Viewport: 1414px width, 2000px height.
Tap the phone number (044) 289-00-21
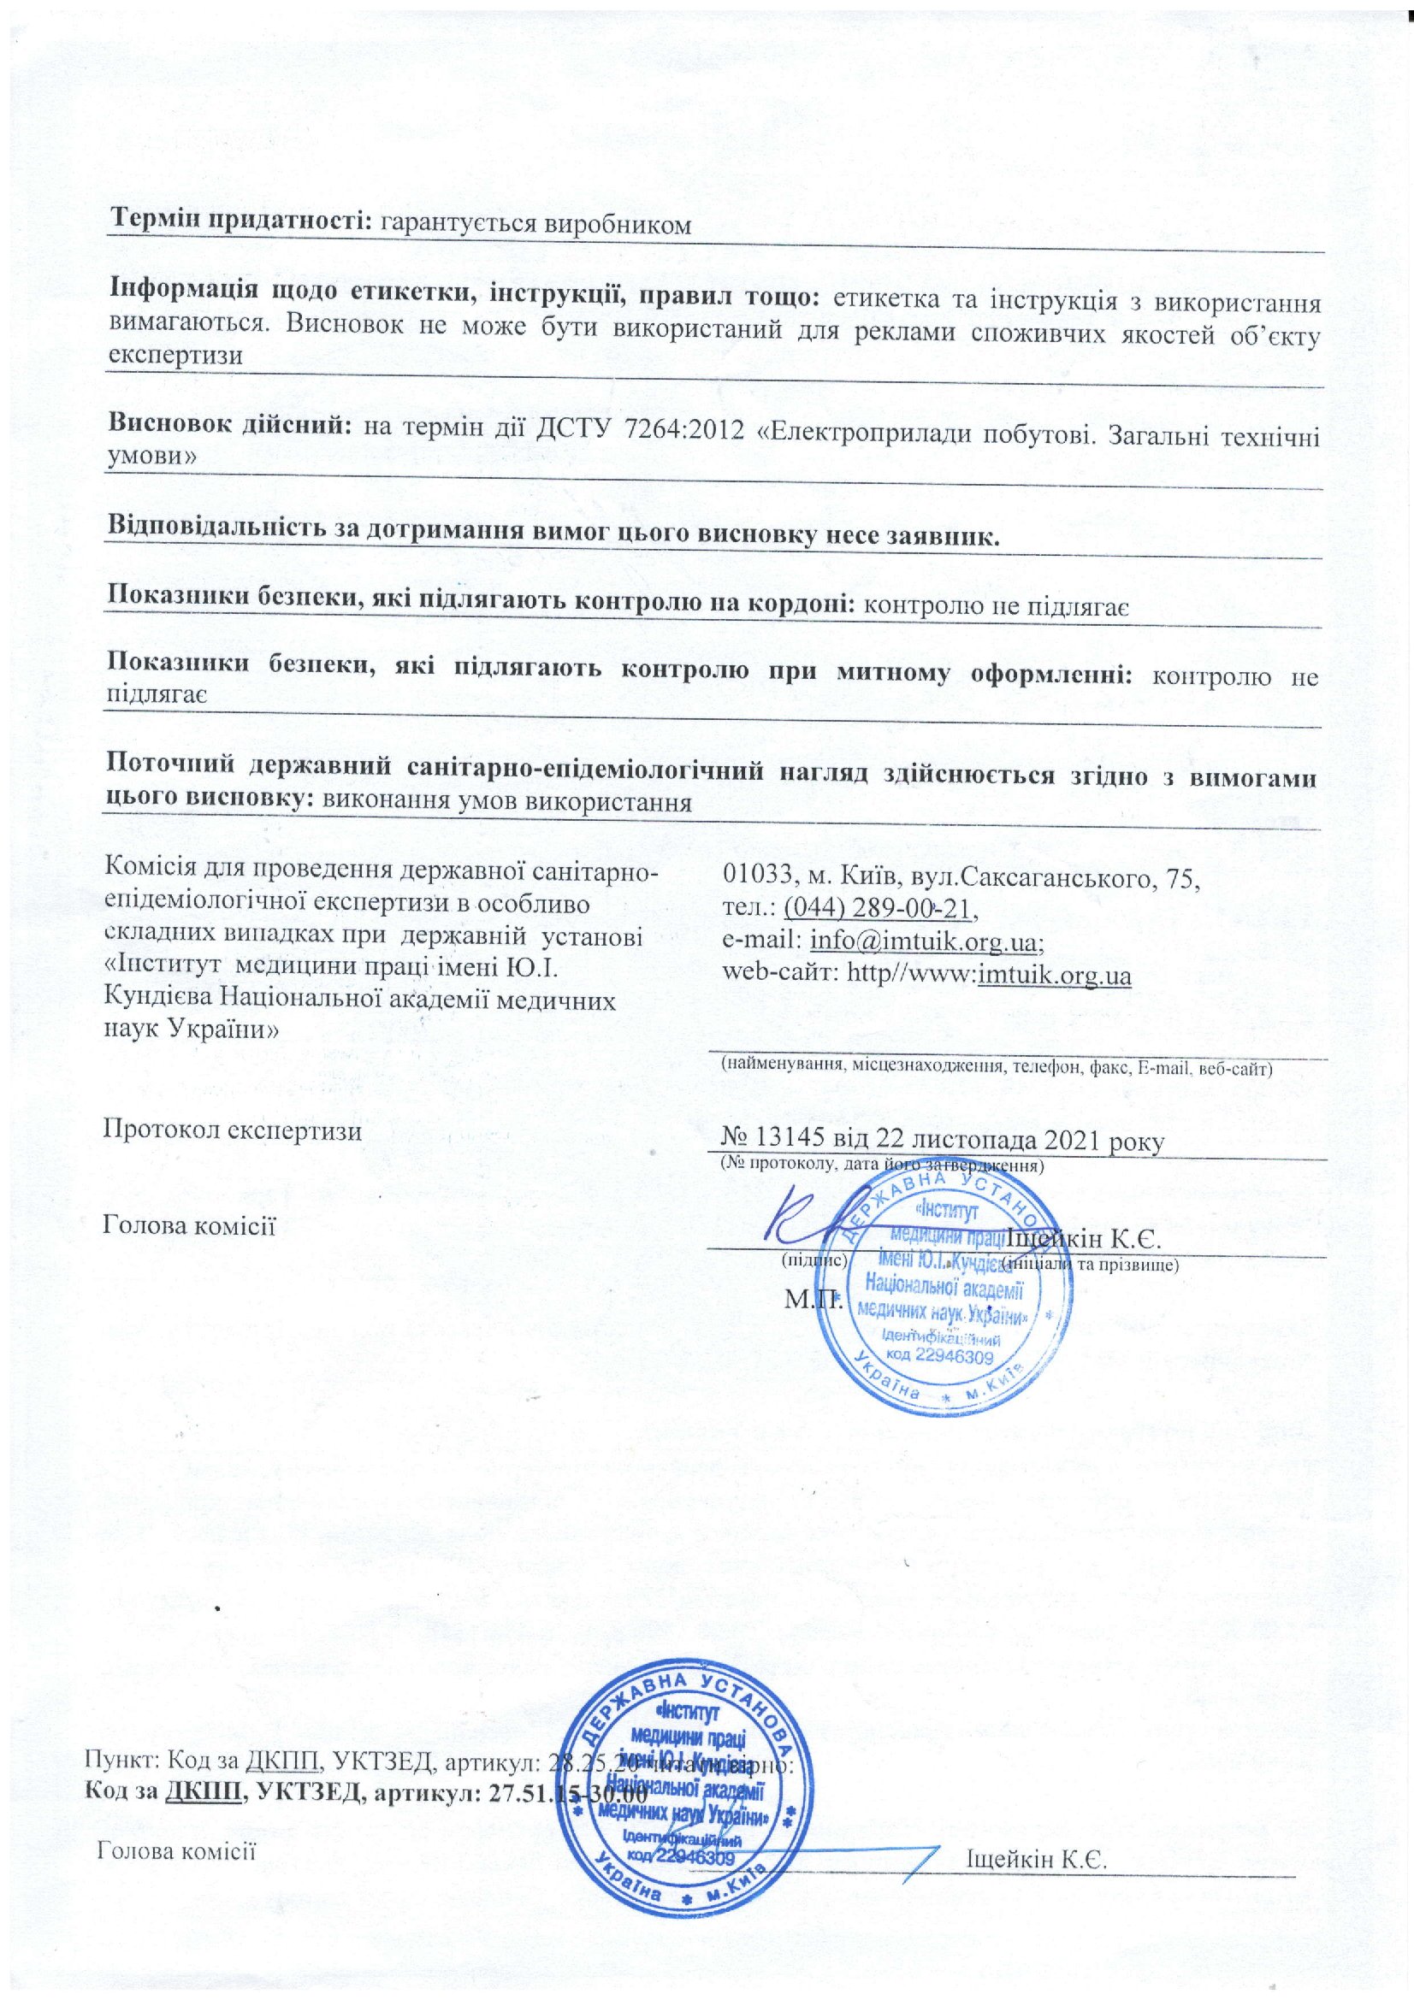tap(878, 909)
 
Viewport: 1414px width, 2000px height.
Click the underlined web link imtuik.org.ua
tap(1055, 975)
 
